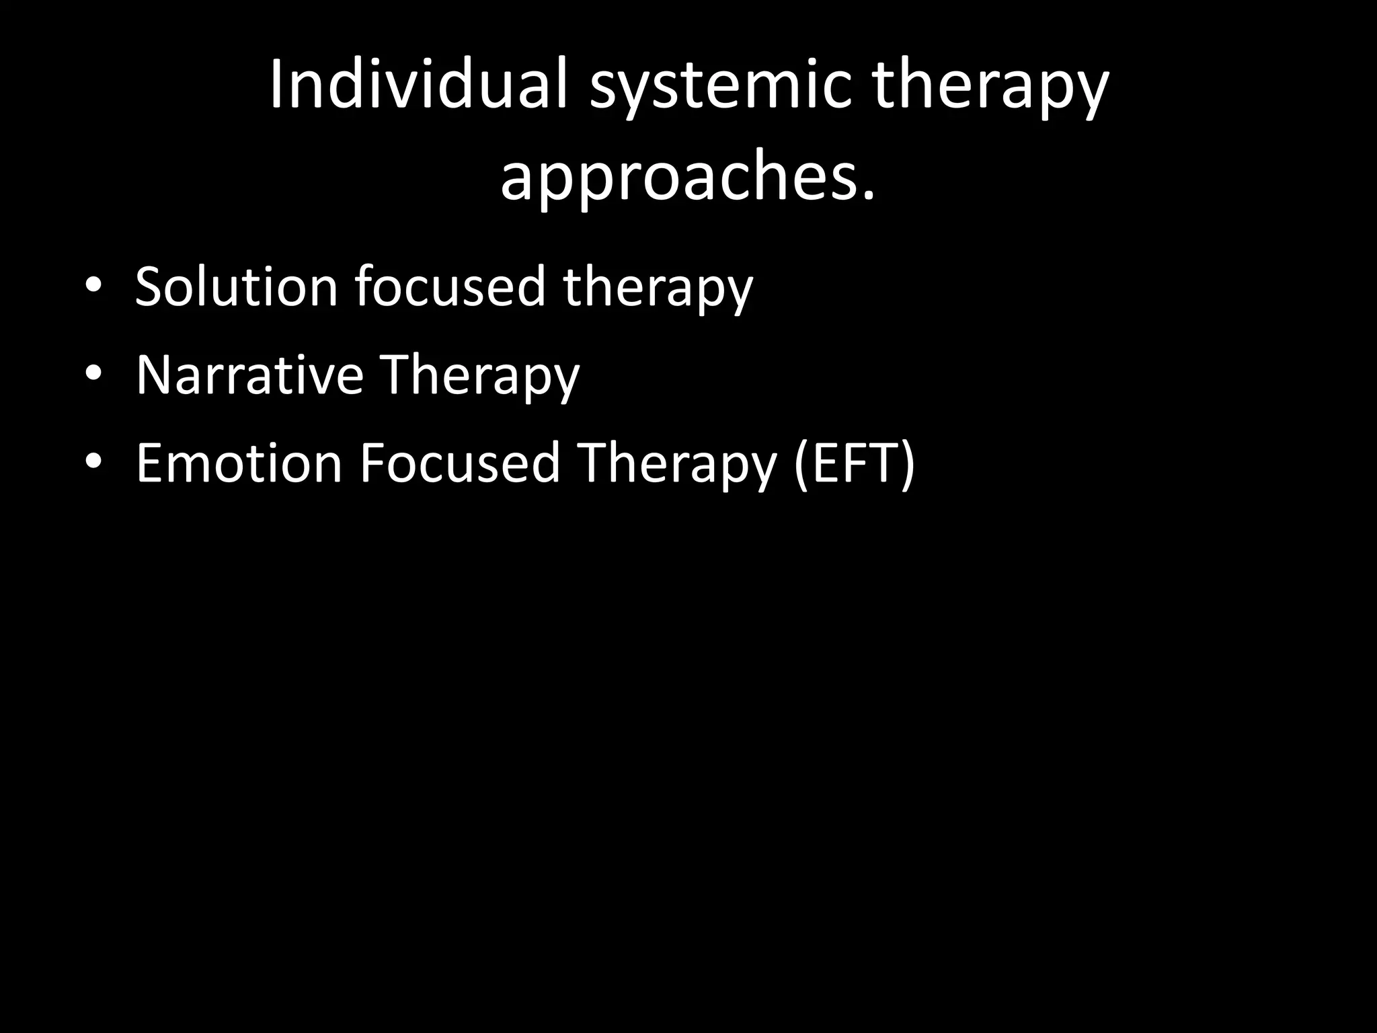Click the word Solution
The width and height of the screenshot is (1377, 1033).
pos(235,286)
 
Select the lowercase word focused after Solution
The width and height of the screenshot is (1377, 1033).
pos(449,286)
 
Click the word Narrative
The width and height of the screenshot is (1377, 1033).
pos(249,375)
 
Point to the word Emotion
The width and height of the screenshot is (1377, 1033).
pos(239,463)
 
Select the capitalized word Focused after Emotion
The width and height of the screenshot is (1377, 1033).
pos(459,463)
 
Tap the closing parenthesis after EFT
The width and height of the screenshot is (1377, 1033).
pos(907,464)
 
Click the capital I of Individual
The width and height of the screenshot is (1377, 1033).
pos(276,86)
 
